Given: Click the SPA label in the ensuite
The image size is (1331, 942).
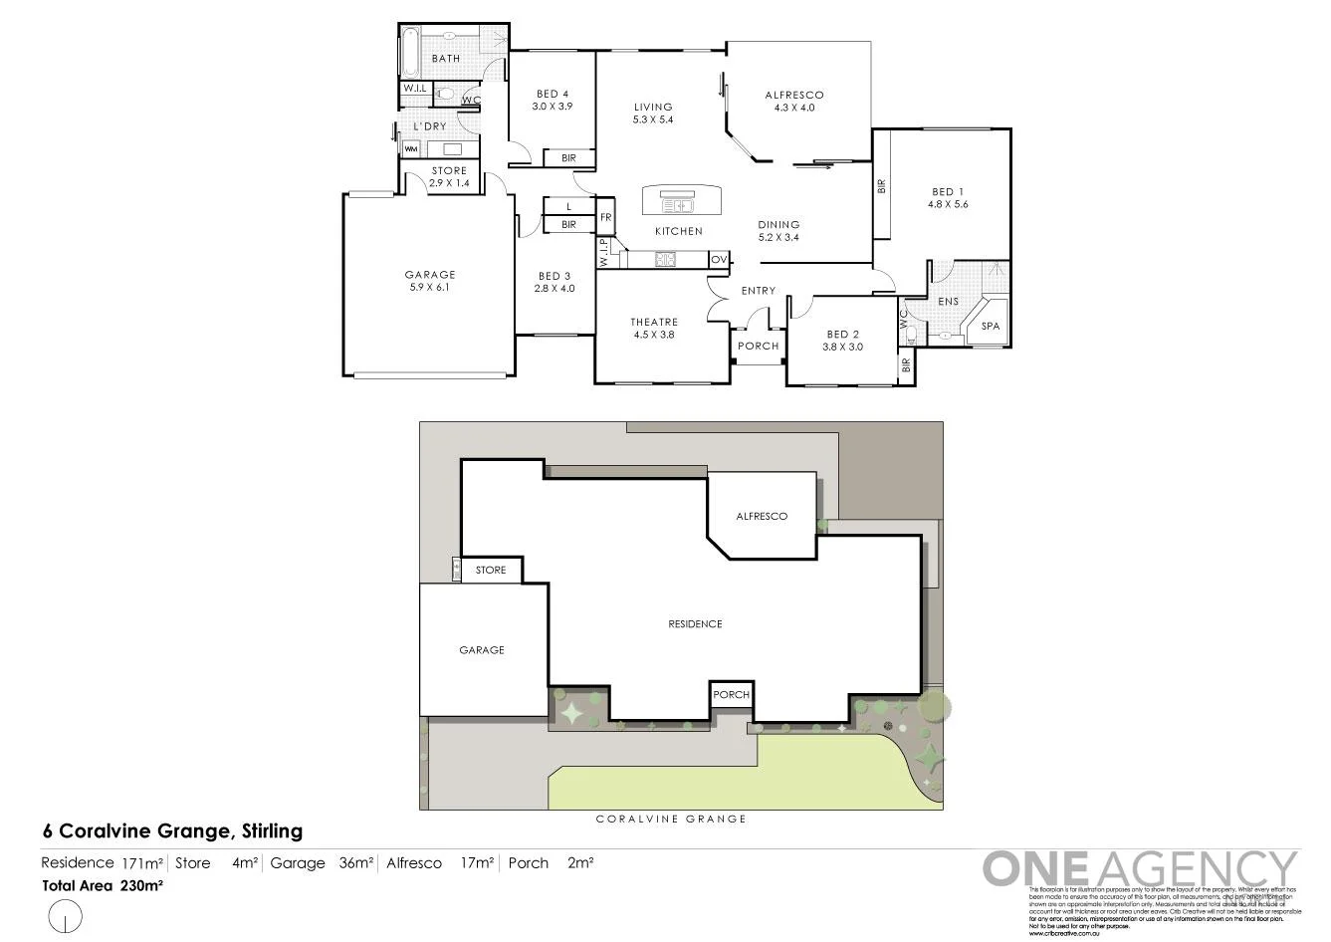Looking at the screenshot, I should click(x=990, y=326).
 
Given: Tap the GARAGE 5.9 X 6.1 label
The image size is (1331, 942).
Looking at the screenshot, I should click(x=430, y=281).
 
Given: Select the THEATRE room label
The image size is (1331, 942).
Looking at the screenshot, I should click(x=653, y=329).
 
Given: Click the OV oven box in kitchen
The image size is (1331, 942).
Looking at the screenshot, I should click(x=719, y=260).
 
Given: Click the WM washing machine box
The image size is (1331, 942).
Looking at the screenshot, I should click(x=410, y=149).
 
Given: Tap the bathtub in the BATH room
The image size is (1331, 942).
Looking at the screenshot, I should click(x=408, y=52).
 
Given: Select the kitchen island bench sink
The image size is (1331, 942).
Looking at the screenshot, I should click(x=679, y=206).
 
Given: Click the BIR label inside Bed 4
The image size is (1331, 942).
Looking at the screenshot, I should click(x=568, y=158).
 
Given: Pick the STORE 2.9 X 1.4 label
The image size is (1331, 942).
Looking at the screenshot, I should click(x=448, y=177).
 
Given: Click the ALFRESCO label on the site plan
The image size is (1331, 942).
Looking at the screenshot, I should click(x=762, y=516).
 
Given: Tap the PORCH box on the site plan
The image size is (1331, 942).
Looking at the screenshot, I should click(x=731, y=694).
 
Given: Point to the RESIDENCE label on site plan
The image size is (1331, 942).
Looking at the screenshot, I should click(x=694, y=624).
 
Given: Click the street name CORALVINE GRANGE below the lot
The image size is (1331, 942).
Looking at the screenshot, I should click(x=670, y=819).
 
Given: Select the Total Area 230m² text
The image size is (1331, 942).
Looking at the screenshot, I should click(x=102, y=884).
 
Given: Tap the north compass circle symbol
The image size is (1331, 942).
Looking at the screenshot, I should click(x=65, y=914).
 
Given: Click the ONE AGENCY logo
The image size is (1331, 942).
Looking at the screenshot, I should click(x=1140, y=868).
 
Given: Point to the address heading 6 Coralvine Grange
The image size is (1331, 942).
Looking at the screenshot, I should click(x=171, y=830).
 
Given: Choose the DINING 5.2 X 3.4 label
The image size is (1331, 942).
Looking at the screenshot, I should click(x=778, y=231).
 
